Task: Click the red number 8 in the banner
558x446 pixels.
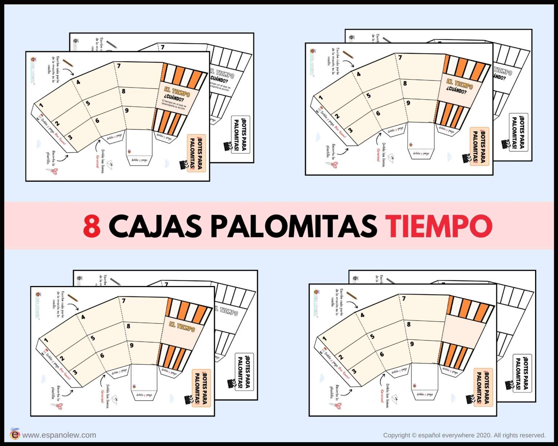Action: click(92, 226)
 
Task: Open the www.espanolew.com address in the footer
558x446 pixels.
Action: click(59, 435)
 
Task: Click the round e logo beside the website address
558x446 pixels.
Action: click(15, 434)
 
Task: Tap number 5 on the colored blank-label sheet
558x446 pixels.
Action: click(372, 336)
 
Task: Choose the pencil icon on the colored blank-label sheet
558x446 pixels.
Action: click(351, 295)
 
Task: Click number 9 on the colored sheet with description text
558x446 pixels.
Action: click(126, 110)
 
